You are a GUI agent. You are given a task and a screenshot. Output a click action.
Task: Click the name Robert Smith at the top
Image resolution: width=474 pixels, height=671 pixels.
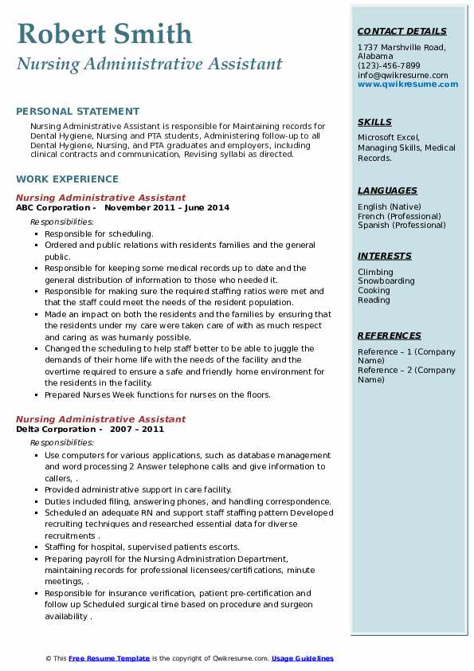click(x=104, y=33)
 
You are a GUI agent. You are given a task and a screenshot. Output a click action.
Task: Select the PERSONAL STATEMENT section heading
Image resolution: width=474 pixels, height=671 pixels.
click(x=77, y=112)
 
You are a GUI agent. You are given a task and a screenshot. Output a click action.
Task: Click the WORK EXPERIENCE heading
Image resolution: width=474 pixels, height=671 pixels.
click(x=67, y=179)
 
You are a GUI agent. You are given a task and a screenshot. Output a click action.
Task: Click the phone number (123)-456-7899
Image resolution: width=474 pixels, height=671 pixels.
click(x=389, y=66)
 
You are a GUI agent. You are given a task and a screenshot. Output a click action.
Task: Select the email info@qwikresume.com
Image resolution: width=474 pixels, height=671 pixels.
click(x=402, y=76)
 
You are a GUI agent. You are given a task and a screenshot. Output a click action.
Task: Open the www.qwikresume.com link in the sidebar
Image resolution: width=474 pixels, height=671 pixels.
click(x=402, y=84)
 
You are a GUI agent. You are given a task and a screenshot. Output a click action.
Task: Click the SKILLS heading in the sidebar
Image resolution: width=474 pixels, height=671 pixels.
click(x=374, y=122)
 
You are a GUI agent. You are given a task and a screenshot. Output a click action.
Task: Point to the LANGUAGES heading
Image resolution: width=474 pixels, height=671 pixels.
click(x=387, y=190)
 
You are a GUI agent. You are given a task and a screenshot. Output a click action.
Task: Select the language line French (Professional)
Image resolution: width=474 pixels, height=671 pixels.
click(x=398, y=216)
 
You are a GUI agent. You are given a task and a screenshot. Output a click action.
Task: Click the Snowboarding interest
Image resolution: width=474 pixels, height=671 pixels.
click(x=386, y=281)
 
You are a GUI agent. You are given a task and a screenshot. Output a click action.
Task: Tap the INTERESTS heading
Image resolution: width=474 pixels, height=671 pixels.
click(x=385, y=256)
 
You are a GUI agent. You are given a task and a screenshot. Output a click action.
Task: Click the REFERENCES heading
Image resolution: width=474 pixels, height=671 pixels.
click(x=390, y=335)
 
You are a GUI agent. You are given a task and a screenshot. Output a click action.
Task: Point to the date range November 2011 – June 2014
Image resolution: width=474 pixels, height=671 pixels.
click(x=166, y=208)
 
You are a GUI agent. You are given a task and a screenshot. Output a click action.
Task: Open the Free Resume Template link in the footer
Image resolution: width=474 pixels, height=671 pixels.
click(x=109, y=658)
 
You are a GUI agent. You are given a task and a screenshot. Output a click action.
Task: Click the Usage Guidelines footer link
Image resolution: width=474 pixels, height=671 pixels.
click(x=303, y=658)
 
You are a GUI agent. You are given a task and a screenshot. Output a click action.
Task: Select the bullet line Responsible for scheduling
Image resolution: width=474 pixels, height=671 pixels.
click(x=99, y=234)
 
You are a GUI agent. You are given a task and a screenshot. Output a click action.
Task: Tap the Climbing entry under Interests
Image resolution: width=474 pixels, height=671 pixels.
click(x=374, y=272)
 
